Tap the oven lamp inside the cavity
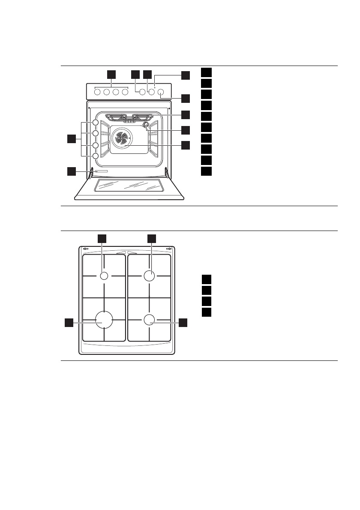pos(147,126)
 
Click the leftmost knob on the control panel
pos(97,92)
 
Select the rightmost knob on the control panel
pos(161,92)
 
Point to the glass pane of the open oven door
pos(129,185)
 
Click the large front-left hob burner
pos(104,320)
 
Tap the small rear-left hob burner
pos(104,276)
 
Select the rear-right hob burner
pos(149,276)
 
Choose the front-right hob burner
pos(149,320)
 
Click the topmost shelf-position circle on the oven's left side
pos(95,123)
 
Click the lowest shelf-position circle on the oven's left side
pos(95,156)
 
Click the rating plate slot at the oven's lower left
pos(102,171)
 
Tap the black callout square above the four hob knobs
pos(111,74)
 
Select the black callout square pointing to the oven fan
pos(185,145)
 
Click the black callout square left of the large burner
pos(69,323)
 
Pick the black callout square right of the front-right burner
pos(183,323)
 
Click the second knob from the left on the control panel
pos(107,92)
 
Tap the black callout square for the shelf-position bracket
pos(72,139)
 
